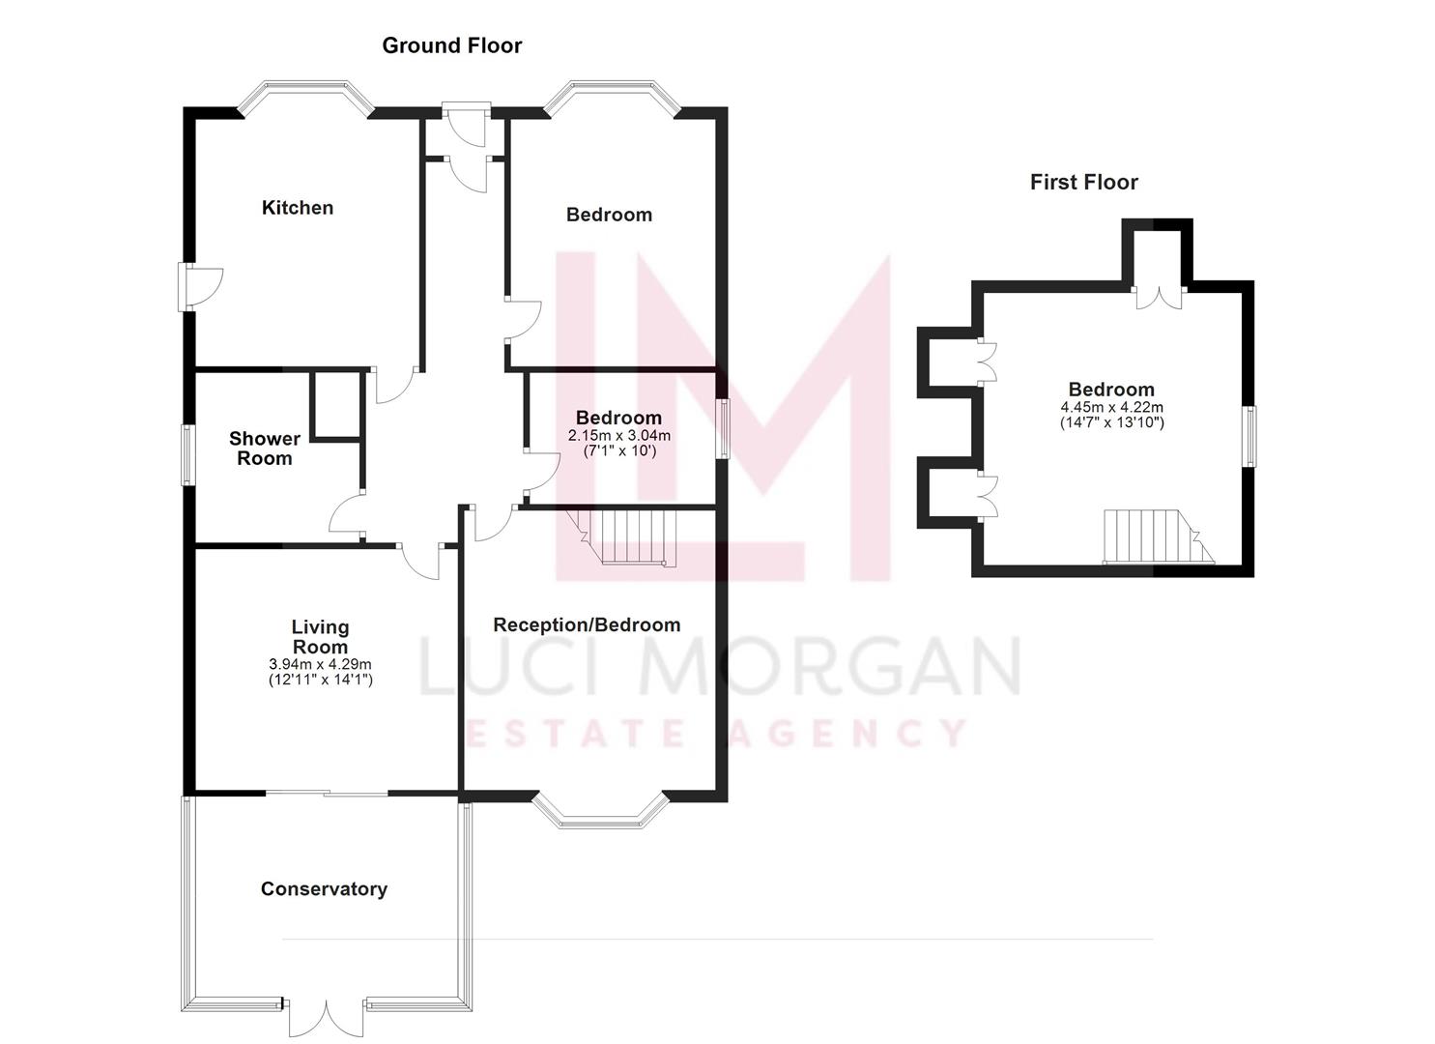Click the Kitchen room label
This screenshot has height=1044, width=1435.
[298, 208]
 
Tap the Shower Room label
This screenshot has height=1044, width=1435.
[264, 449]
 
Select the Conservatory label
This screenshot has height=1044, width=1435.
[324, 889]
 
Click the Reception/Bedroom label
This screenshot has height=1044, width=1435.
[587, 625]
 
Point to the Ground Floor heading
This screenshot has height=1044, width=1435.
[451, 45]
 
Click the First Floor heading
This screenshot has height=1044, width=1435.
[1083, 182]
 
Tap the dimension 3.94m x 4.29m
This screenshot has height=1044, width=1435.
[320, 665]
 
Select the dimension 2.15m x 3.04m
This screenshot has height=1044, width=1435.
[618, 436]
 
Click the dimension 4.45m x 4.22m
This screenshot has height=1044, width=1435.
[1111, 408]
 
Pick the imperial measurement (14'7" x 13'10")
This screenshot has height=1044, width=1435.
[1111, 423]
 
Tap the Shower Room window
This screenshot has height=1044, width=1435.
[189, 454]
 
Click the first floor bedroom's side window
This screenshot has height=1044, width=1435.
[1250, 436]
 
